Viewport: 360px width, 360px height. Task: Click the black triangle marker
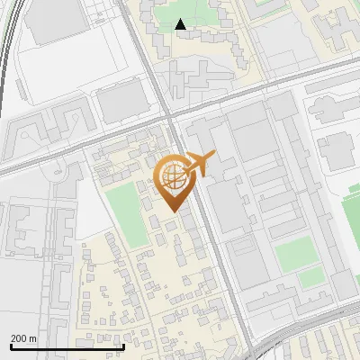tap(181, 24)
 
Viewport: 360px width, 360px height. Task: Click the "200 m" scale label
tap(23, 338)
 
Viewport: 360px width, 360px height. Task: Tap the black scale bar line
tap(67, 346)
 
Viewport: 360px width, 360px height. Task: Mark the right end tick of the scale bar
tap(123, 345)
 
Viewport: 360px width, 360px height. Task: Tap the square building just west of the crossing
tap(120, 103)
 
